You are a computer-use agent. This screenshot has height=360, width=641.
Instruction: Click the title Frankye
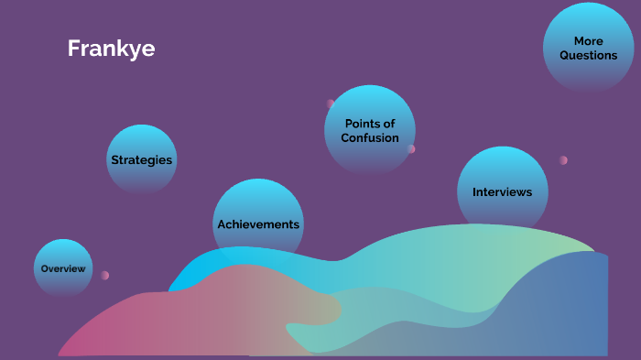click(x=111, y=49)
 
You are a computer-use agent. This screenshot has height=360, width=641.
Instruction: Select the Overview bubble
click(x=63, y=268)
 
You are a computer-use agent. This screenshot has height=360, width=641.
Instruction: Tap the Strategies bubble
click(x=141, y=159)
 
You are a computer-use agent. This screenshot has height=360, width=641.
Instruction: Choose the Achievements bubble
click(x=258, y=224)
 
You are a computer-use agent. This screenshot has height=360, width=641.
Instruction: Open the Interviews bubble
click(x=502, y=192)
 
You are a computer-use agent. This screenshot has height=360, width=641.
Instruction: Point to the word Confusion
click(x=370, y=138)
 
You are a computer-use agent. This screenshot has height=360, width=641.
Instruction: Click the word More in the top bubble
click(x=588, y=41)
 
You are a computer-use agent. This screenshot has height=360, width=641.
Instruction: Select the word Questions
click(x=589, y=56)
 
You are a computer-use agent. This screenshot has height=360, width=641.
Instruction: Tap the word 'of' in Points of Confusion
click(x=388, y=124)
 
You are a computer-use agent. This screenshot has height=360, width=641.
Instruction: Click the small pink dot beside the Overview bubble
click(x=105, y=275)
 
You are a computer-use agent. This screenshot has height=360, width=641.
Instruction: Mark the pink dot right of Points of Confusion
click(x=411, y=148)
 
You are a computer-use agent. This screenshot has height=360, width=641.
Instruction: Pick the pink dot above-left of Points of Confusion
click(x=331, y=104)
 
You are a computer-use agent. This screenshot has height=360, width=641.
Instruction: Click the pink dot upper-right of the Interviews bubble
click(x=563, y=160)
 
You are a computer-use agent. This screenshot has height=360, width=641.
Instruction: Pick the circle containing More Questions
click(x=589, y=47)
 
